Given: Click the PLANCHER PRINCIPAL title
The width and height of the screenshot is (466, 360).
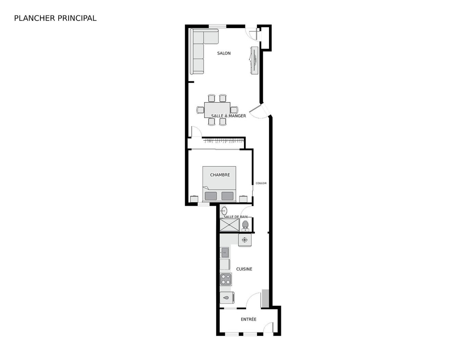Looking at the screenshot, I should pyautogui.click(x=55, y=18).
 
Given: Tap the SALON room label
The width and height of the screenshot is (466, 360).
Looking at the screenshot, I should pyautogui.click(x=224, y=53).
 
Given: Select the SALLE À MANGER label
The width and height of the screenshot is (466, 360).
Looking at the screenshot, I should pyautogui.click(x=228, y=116).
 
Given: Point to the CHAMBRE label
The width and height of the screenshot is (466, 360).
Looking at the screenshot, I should pyautogui.click(x=220, y=175).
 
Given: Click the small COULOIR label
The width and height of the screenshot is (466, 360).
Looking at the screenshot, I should pyautogui.click(x=261, y=183).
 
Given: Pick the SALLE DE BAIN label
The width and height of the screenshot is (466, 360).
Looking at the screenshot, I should pyautogui.click(x=235, y=217).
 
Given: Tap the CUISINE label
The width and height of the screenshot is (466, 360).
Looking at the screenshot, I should pyautogui.click(x=244, y=269).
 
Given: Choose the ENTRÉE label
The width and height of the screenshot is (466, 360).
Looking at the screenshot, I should pyautogui.click(x=248, y=319).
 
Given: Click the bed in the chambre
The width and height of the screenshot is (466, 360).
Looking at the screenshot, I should pyautogui.click(x=219, y=184).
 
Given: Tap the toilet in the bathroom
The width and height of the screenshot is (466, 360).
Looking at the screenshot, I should pyautogui.click(x=245, y=225).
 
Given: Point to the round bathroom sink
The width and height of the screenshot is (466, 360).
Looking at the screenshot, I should pyautogui.click(x=224, y=211).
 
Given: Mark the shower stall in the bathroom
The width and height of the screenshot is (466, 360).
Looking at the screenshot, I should pyautogui.click(x=229, y=225).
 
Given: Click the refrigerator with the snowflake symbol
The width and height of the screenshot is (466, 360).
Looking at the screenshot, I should pyautogui.click(x=245, y=240).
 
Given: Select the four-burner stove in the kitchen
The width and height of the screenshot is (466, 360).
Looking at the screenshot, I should pyautogui.click(x=226, y=279).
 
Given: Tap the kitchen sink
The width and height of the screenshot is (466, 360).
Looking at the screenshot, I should pyautogui.click(x=224, y=253).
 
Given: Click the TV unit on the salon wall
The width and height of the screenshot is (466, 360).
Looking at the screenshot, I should pyautogui.click(x=254, y=60).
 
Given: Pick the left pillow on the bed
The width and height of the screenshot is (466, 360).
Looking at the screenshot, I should pyautogui.click(x=211, y=196).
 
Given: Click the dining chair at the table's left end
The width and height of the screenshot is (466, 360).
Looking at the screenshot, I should pyautogui.click(x=200, y=110).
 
